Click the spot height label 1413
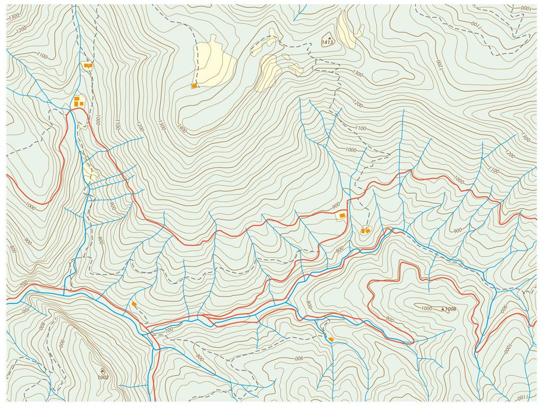click(x=327, y=42)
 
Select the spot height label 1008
click(x=451, y=309)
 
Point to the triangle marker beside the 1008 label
click(x=443, y=308)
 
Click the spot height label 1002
click(x=103, y=377)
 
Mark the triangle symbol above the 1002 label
click(x=102, y=371)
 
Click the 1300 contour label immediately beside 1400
click(x=161, y=125)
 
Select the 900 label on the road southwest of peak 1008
click(x=389, y=319)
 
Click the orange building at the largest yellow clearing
click(x=195, y=85)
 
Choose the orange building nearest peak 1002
click(x=134, y=304)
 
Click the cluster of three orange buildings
click(x=78, y=101)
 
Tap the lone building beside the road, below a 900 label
click(x=343, y=215)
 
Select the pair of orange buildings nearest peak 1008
click(x=365, y=231)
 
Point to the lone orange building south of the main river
click(x=331, y=339)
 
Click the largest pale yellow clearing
click(x=215, y=63)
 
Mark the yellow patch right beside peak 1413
click(x=347, y=32)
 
